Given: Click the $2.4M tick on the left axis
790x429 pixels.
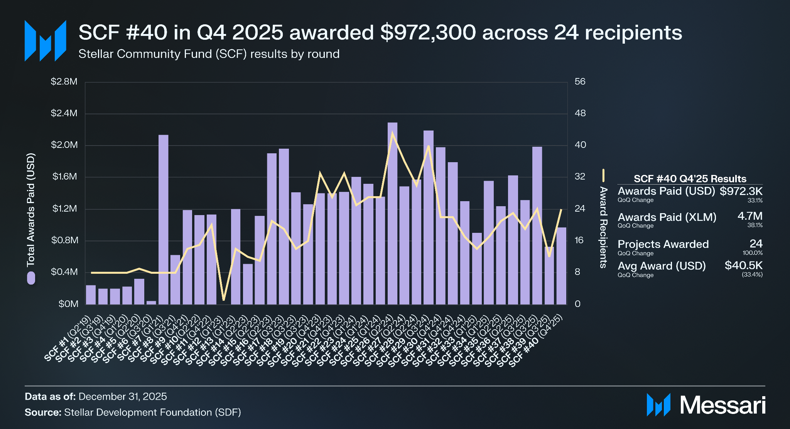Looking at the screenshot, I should click(x=64, y=114).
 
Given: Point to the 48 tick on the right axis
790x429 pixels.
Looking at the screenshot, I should click(x=580, y=114).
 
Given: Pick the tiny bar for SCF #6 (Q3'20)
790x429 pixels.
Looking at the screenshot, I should click(x=151, y=302).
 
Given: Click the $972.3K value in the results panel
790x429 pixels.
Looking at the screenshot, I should click(x=741, y=191).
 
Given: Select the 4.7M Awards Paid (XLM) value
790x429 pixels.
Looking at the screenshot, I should click(x=750, y=216).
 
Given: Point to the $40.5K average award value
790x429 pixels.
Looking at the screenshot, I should click(x=743, y=265).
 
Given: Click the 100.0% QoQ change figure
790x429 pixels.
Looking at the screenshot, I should click(x=753, y=253).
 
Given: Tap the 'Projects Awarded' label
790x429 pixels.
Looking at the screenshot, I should click(x=663, y=244).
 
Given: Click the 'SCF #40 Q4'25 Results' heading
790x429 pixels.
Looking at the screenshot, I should click(x=690, y=179).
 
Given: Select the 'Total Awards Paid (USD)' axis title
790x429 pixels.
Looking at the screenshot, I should click(x=31, y=210).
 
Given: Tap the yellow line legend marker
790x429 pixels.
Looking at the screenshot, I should click(x=603, y=175).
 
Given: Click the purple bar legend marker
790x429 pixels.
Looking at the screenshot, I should click(x=31, y=278).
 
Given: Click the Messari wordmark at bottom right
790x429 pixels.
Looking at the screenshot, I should click(x=722, y=405).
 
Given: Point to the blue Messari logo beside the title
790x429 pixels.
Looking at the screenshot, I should click(x=45, y=41).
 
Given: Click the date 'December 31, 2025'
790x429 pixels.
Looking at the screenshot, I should click(x=123, y=397).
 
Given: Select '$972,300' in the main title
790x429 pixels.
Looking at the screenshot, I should click(x=428, y=32).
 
